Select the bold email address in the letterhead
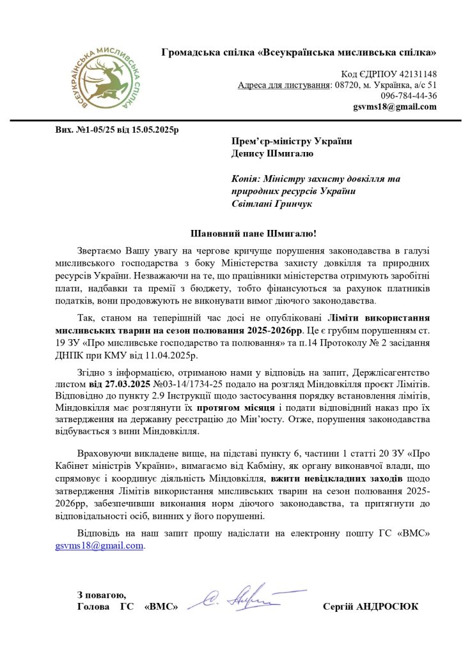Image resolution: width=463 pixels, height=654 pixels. (x=395, y=107)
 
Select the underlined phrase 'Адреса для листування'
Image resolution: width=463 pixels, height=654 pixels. (x=284, y=85)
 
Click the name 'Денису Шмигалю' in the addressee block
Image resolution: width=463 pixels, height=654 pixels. (x=272, y=153)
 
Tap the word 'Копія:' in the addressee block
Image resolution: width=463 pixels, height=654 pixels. (x=247, y=179)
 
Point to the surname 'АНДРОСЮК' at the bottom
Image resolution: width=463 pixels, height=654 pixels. (x=391, y=606)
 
